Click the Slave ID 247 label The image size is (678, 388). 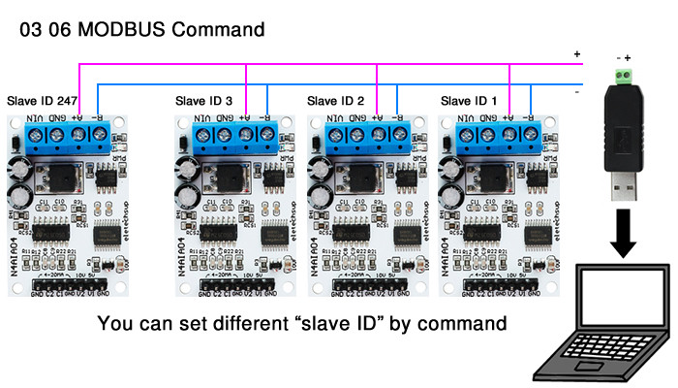44,100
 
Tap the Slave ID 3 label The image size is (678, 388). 203,100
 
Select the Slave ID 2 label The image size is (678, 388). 335,100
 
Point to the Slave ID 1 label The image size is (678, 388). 469,100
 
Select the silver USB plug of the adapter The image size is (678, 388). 620,185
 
